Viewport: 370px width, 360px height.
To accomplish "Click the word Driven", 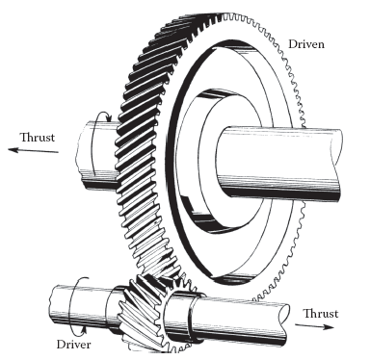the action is tap(306, 44).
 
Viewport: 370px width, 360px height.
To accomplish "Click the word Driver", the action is tap(73, 345).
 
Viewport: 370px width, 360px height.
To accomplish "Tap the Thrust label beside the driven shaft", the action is tap(38, 138).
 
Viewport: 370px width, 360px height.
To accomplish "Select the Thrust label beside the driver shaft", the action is tap(321, 314).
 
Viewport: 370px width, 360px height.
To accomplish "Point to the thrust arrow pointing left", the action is tap(34, 150).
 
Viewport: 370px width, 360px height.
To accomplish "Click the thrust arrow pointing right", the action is tap(315, 326).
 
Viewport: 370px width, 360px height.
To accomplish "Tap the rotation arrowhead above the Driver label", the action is tap(85, 328).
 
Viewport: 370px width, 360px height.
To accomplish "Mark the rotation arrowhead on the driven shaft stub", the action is tap(109, 119).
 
